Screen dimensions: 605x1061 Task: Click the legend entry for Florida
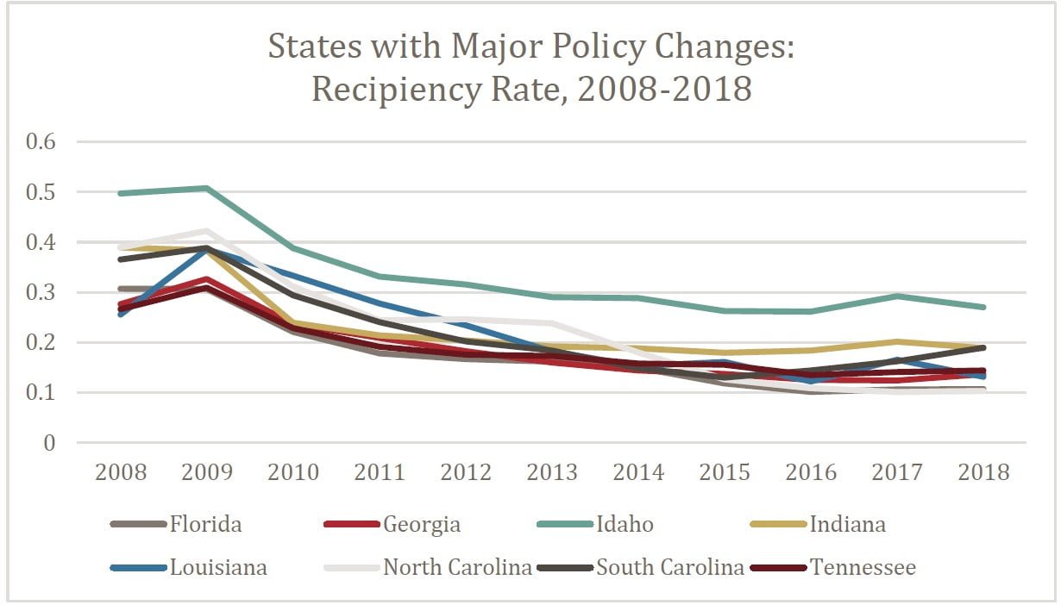tap(205, 524)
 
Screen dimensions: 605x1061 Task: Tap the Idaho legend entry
tap(625, 524)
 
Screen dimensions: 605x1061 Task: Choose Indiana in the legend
tap(847, 524)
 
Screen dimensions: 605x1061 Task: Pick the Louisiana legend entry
tap(218, 567)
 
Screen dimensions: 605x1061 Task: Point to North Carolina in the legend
tap(457, 567)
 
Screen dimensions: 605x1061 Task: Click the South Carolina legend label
tap(670, 567)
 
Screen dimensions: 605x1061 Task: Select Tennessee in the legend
tap(863, 567)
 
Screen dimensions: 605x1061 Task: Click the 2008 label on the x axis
tap(122, 472)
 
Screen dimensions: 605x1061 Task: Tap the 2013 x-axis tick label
tap(552, 472)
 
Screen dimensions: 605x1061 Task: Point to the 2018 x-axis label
tap(983, 472)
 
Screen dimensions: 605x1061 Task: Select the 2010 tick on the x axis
tap(294, 472)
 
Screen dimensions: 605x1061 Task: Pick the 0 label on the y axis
tap(48, 443)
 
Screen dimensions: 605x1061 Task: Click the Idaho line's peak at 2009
tap(208, 188)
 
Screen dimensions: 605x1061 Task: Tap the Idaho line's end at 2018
tap(983, 307)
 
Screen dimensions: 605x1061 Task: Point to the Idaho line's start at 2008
tap(122, 193)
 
